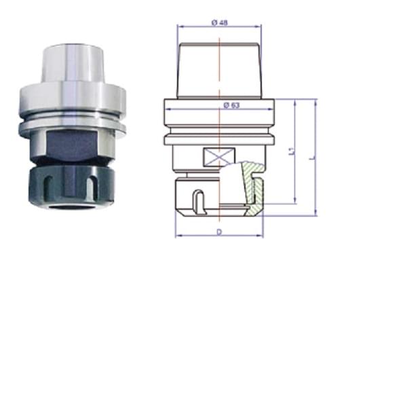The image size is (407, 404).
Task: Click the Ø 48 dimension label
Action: coord(220,23)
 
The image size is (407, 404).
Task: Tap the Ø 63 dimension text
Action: coord(231,105)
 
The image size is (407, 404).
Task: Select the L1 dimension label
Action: coord(292,151)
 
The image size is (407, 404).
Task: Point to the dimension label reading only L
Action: coord(313,157)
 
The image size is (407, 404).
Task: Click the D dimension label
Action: coord(220,232)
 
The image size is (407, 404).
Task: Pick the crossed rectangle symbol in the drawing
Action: coord(219,157)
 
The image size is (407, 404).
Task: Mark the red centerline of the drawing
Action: coord(220,130)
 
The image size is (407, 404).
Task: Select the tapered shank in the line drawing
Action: coord(220,71)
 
